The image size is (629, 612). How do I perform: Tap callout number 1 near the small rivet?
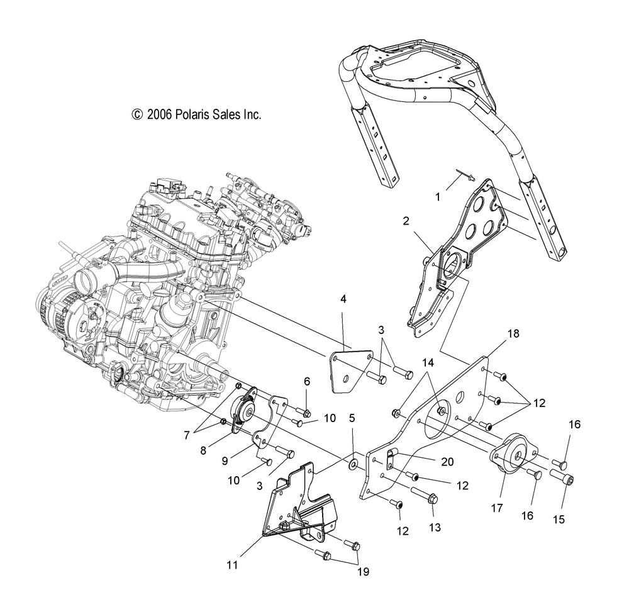438,197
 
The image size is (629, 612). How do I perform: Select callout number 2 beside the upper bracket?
406,221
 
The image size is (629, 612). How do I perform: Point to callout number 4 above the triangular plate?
343,299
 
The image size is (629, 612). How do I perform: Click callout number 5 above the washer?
352,418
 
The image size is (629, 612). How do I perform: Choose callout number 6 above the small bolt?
307,381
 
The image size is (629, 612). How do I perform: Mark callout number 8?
203,450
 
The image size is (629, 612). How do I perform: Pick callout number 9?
225,461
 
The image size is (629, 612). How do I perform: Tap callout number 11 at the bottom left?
232,565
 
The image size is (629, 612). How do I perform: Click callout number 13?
435,527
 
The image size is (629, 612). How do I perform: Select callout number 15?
559,520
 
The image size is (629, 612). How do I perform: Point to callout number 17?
497,508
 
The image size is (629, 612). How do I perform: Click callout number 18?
513,333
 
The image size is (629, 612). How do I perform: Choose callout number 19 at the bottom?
363,572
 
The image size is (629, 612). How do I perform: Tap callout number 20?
447,462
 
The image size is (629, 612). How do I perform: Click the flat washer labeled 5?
353,464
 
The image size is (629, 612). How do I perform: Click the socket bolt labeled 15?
561,477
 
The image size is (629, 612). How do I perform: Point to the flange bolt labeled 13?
425,495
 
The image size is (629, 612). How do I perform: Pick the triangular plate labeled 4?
350,370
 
